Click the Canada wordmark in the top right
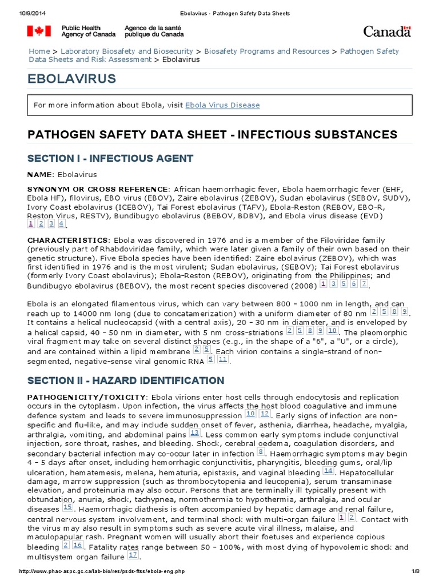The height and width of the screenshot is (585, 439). click(x=387, y=31)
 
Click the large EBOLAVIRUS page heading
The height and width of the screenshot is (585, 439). click(x=72, y=79)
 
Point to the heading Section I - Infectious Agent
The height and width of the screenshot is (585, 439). click(x=110, y=158)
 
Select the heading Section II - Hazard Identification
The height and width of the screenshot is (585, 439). click(x=126, y=380)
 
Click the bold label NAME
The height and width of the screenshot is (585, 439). click(x=40, y=174)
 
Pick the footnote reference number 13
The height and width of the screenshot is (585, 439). click(x=194, y=434)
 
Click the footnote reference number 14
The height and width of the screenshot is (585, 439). click(x=328, y=470)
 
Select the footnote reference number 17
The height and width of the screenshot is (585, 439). click(x=133, y=555)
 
